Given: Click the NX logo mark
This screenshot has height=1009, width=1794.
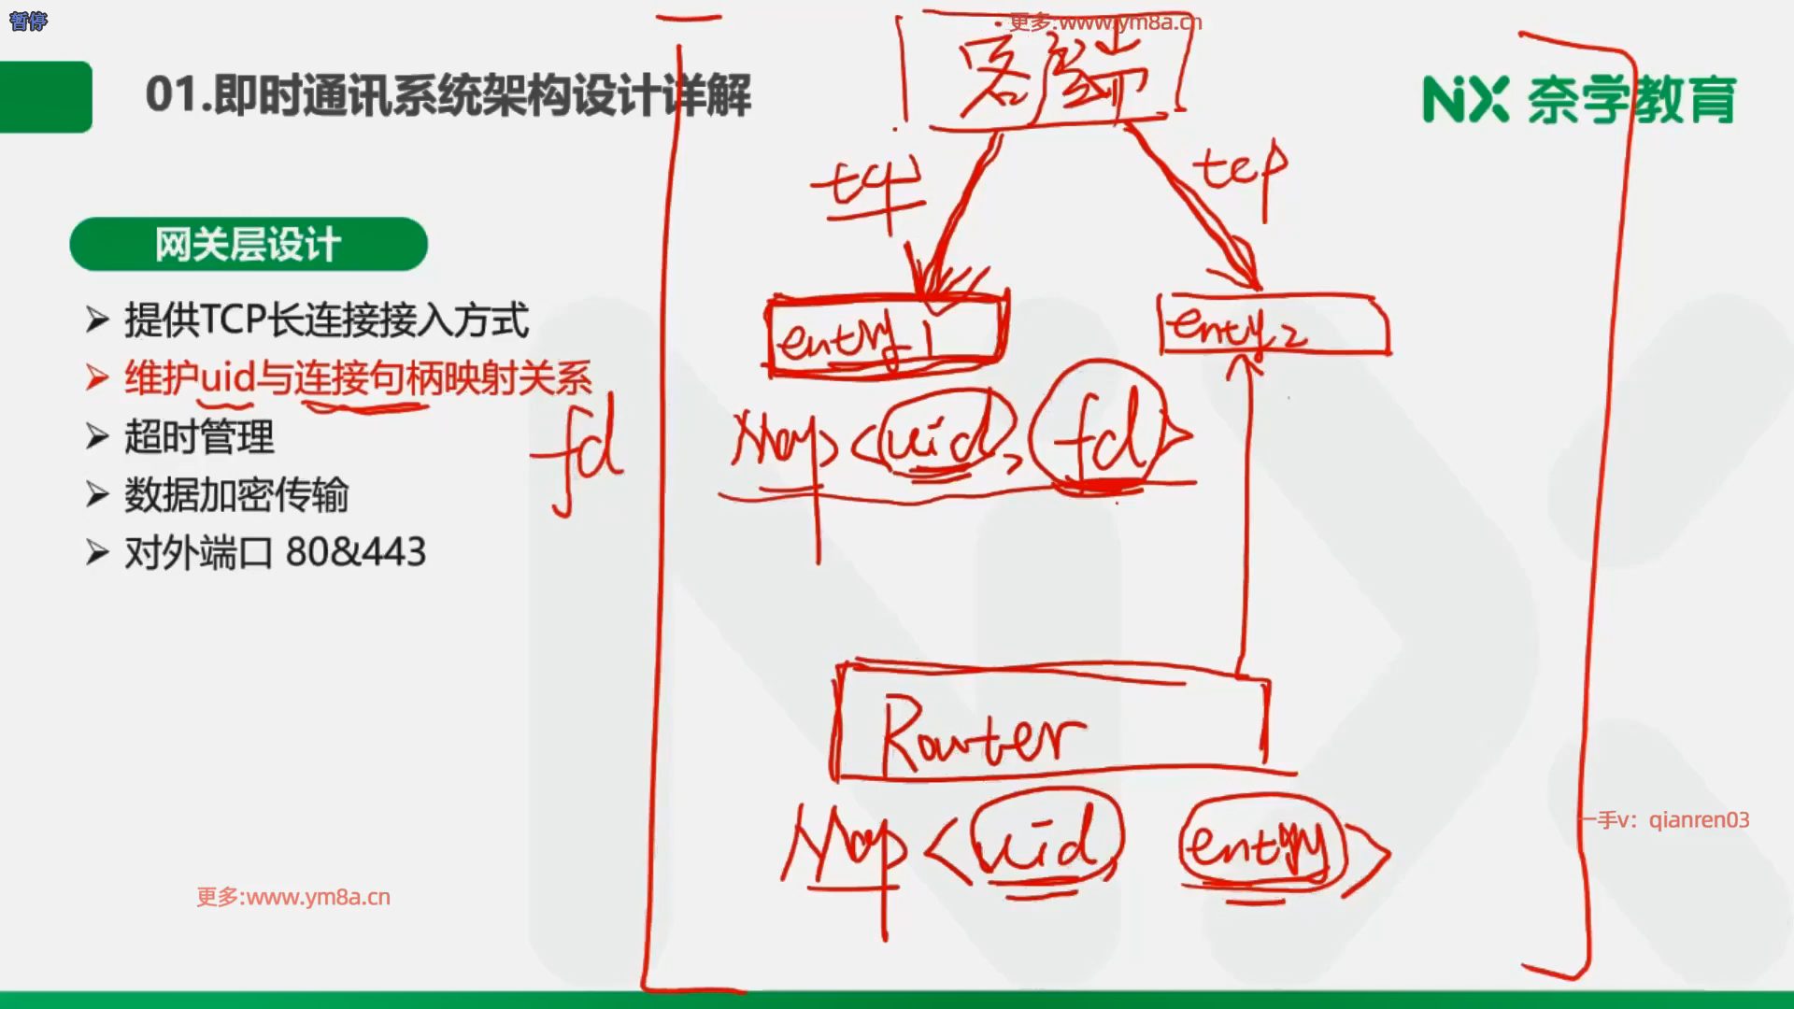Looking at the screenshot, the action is pos(1464,100).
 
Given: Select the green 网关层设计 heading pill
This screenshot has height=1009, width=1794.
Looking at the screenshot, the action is pos(249,245).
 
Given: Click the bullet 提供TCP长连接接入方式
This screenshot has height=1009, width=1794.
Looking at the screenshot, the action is pos(325,320).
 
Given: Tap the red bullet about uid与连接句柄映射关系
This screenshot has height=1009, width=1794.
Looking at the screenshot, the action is pos(357,378).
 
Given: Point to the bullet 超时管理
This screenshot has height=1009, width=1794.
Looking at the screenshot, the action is pos(198,437).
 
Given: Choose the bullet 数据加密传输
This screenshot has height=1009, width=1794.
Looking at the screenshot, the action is pos(235,495).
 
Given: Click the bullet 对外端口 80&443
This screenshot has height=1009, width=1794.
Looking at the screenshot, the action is pos(275,553).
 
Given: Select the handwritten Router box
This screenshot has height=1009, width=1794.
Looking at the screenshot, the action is pos(1051,724).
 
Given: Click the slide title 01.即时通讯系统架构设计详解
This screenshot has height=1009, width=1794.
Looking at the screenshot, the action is pos(448,96).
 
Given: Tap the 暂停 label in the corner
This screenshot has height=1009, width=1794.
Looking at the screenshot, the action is pos(28,21).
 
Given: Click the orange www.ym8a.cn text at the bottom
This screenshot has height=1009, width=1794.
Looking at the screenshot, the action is pos(293,897).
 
